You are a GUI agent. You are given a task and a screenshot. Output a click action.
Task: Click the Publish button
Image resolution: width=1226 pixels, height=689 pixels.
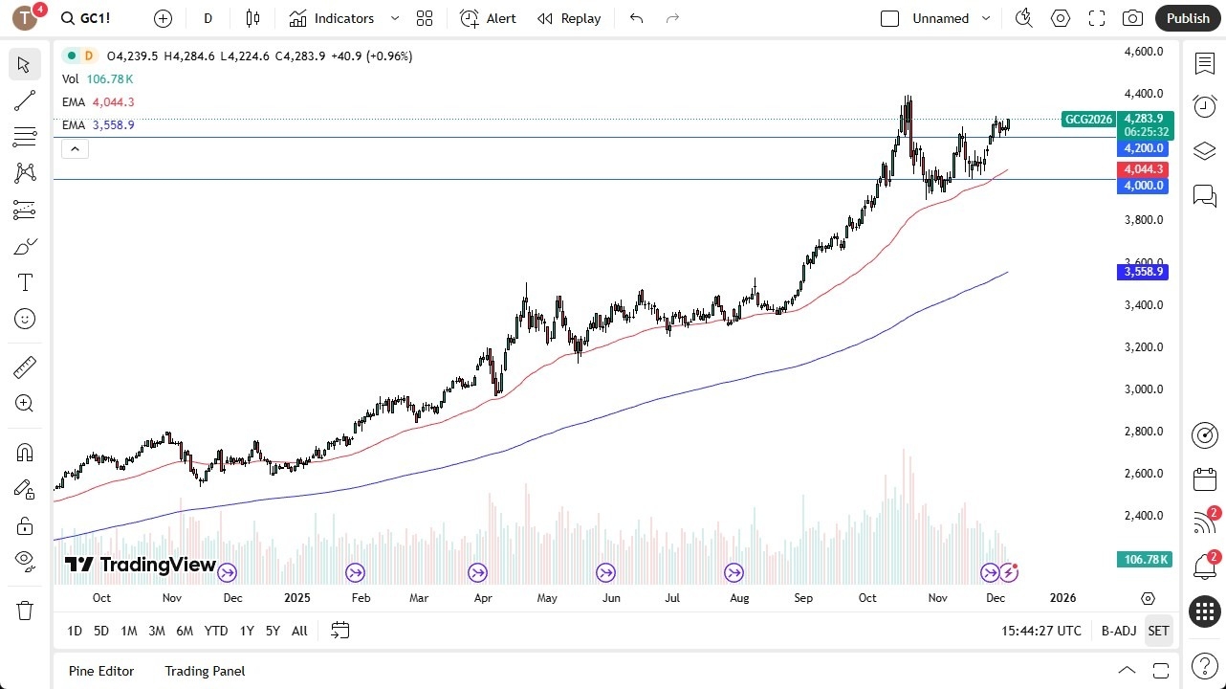click(1188, 18)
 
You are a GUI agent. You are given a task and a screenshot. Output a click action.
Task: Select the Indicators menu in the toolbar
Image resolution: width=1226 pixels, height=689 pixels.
click(343, 18)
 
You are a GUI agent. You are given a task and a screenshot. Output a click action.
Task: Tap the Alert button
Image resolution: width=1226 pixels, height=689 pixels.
click(488, 18)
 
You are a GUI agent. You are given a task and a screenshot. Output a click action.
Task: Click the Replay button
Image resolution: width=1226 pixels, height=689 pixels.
click(569, 18)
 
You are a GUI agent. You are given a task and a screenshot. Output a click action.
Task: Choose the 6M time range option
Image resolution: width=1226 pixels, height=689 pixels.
click(185, 631)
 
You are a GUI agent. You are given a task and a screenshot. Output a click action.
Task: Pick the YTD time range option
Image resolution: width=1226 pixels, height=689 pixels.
click(216, 631)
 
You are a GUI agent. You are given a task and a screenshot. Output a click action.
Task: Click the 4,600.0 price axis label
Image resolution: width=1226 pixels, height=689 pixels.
click(1143, 52)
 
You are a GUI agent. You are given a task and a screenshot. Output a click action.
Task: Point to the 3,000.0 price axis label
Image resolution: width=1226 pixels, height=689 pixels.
click(1143, 389)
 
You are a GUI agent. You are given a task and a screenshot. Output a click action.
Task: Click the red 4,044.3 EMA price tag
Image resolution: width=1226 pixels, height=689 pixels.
click(1144, 169)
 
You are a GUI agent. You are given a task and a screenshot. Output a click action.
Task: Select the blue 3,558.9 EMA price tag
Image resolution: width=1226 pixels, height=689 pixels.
click(1144, 272)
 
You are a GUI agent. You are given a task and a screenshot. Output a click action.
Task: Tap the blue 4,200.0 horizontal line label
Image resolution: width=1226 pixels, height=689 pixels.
click(1144, 148)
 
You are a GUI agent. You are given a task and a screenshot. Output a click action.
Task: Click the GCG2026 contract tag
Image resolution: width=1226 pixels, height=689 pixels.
click(1088, 120)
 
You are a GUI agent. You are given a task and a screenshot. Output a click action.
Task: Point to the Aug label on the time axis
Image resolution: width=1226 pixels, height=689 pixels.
click(739, 598)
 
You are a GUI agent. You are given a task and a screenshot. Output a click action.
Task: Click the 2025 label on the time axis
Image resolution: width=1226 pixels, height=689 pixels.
click(297, 598)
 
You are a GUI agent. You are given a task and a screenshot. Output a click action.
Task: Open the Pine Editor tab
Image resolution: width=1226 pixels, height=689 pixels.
click(101, 671)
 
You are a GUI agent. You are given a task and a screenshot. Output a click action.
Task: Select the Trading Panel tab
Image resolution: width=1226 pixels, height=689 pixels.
click(205, 671)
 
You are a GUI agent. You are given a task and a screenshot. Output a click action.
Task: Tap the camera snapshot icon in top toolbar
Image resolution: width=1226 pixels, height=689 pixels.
click(1132, 18)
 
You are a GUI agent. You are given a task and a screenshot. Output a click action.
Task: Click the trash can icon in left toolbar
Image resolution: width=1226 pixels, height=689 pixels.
click(25, 611)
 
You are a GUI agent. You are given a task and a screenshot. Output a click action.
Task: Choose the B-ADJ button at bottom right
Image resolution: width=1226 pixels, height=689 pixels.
click(1118, 631)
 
